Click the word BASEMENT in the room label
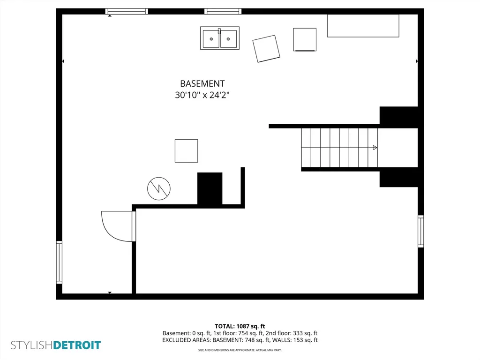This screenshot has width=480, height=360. [202, 83]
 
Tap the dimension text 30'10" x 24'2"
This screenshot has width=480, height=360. [202, 95]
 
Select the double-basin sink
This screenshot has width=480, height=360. [220, 38]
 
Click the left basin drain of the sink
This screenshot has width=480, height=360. [211, 39]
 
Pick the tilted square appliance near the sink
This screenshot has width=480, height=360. [266, 49]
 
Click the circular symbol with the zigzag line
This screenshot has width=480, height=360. [159, 188]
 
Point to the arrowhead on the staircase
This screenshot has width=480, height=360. [375, 148]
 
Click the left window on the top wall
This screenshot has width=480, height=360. [127, 11]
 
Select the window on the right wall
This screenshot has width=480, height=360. [421, 231]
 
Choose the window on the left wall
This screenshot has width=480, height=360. [59, 262]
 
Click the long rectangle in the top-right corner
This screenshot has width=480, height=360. [363, 26]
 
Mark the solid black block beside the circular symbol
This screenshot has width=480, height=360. [210, 188]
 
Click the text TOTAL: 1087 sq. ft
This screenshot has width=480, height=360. [240, 326]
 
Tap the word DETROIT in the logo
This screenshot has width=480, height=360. [77, 345]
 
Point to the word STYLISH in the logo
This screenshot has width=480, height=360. [32, 345]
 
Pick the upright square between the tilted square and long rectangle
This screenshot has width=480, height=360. [305, 39]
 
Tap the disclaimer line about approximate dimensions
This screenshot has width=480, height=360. [240, 350]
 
